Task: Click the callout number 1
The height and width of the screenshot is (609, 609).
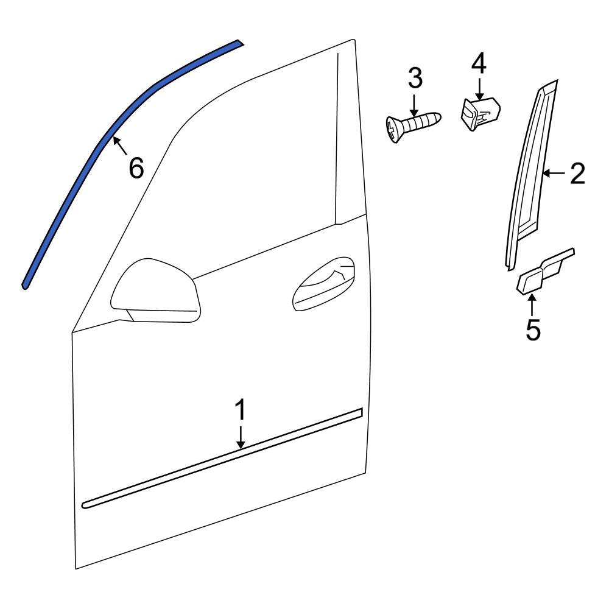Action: click(x=241, y=410)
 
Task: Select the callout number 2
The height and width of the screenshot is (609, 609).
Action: click(x=577, y=174)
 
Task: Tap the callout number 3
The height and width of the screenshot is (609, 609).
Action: click(x=415, y=79)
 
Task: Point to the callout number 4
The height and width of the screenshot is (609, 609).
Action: click(x=479, y=63)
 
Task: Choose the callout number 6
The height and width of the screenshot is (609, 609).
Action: click(x=136, y=168)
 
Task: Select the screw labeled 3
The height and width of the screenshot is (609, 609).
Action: click(x=414, y=125)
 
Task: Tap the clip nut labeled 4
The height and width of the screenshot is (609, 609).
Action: click(x=479, y=113)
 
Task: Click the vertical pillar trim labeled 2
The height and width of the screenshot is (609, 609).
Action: click(x=527, y=177)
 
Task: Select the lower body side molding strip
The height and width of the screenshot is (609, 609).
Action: click(x=222, y=457)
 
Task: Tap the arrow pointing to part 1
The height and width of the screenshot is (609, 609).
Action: click(x=241, y=438)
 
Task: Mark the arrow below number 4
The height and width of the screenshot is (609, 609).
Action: click(x=479, y=88)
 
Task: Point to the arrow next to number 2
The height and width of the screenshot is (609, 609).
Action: click(x=554, y=174)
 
